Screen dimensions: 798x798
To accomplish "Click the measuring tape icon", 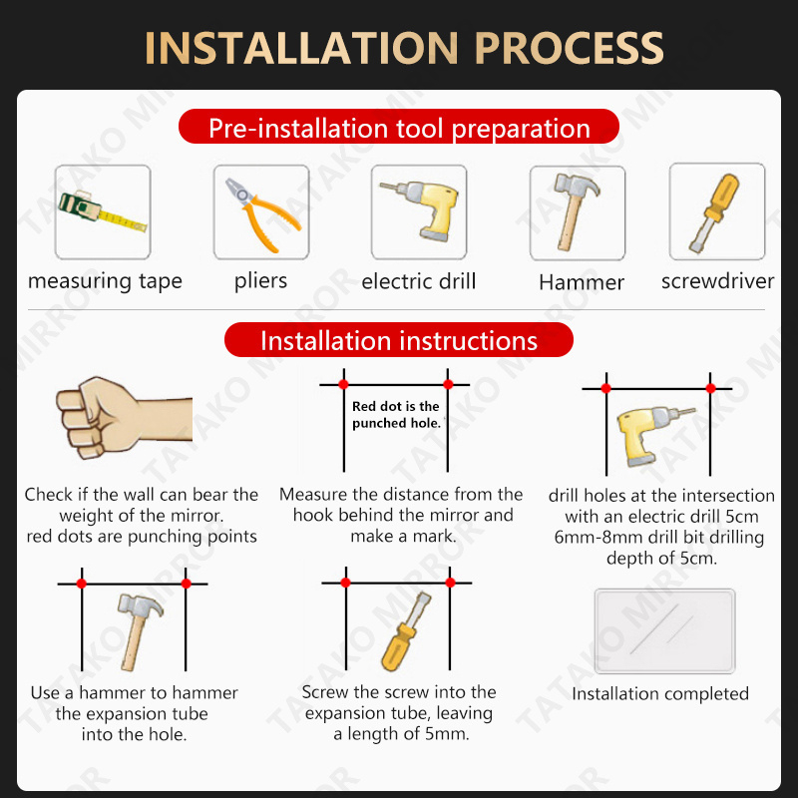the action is point(103,211).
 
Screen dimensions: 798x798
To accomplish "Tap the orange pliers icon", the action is point(262,214).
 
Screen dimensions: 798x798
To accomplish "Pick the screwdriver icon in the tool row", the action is point(714,212).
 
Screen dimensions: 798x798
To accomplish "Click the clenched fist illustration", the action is point(124,417).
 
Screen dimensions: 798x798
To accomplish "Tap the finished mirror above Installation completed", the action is point(664,631).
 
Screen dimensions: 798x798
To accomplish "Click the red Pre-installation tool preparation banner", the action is point(398,127).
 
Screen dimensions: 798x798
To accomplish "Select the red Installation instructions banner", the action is point(398,339).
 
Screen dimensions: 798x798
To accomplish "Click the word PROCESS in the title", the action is point(569,48).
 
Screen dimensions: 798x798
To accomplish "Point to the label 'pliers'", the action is point(260,281).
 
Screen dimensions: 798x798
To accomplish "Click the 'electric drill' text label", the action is point(418,281).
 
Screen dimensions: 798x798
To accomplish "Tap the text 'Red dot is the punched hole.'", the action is point(396,414).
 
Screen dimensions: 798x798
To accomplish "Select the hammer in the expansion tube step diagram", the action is point(139,631).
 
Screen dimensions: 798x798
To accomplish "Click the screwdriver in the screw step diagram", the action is point(405,631).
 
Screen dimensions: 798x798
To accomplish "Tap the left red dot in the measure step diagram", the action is point(343,384).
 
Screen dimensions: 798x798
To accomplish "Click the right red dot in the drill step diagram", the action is point(710,388).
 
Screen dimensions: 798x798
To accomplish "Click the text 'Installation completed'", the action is point(660,693).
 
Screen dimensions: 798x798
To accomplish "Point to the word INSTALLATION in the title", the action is point(301,48).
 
